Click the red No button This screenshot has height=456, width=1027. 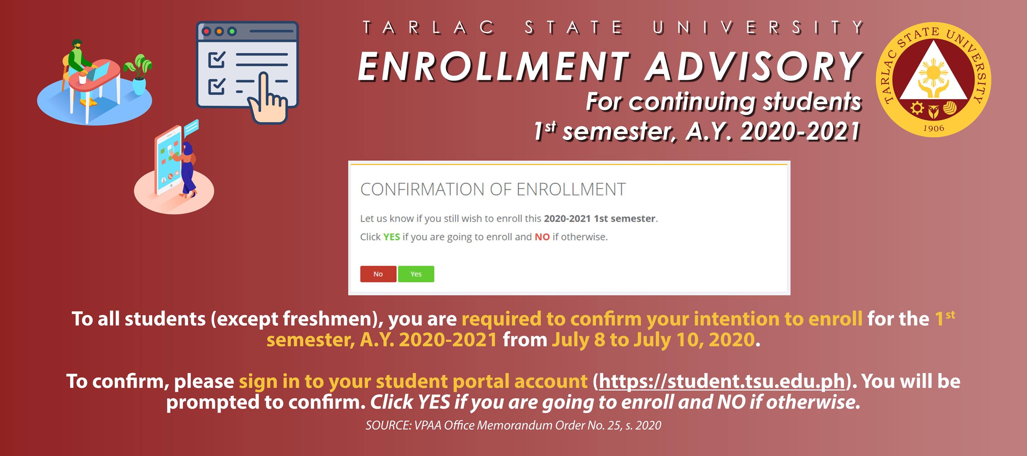(x=378, y=274)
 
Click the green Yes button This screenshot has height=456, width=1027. (x=416, y=274)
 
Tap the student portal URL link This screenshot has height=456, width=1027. (x=722, y=382)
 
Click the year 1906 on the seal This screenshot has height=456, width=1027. (x=933, y=128)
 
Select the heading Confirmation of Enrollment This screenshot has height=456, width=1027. (x=493, y=189)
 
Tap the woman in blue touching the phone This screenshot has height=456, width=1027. (x=187, y=170)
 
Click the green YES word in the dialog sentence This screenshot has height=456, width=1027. (x=391, y=237)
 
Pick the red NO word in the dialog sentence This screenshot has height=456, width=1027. (x=542, y=237)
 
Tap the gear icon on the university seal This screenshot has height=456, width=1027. (x=917, y=108)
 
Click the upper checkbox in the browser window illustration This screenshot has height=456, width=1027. (x=217, y=60)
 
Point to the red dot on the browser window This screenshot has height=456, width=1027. (x=206, y=31)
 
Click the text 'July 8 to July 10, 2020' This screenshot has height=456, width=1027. (x=653, y=340)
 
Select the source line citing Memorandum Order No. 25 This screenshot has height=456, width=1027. (x=513, y=425)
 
